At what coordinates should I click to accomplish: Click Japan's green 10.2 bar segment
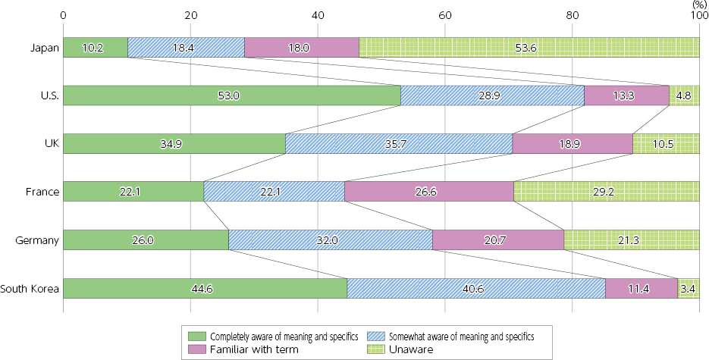coord(96,47)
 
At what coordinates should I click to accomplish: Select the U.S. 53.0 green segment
coord(231,95)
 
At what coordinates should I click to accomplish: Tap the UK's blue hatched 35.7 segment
coord(399,143)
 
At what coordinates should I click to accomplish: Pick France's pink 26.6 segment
coord(429,192)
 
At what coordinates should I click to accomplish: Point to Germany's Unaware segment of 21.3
coord(632,240)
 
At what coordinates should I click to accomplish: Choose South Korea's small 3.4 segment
coord(689,288)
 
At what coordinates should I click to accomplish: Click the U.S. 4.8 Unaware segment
coord(684,95)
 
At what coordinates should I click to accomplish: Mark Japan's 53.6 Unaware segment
coord(529,47)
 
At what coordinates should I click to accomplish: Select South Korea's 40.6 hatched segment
coord(476,288)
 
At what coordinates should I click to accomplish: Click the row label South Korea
coord(29,288)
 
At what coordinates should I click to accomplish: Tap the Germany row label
coord(37,240)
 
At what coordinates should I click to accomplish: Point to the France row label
coord(42,192)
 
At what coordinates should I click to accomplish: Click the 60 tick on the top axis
coord(445,14)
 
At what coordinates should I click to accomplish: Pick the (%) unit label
coord(698,5)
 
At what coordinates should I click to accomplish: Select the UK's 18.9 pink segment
coord(573,143)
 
